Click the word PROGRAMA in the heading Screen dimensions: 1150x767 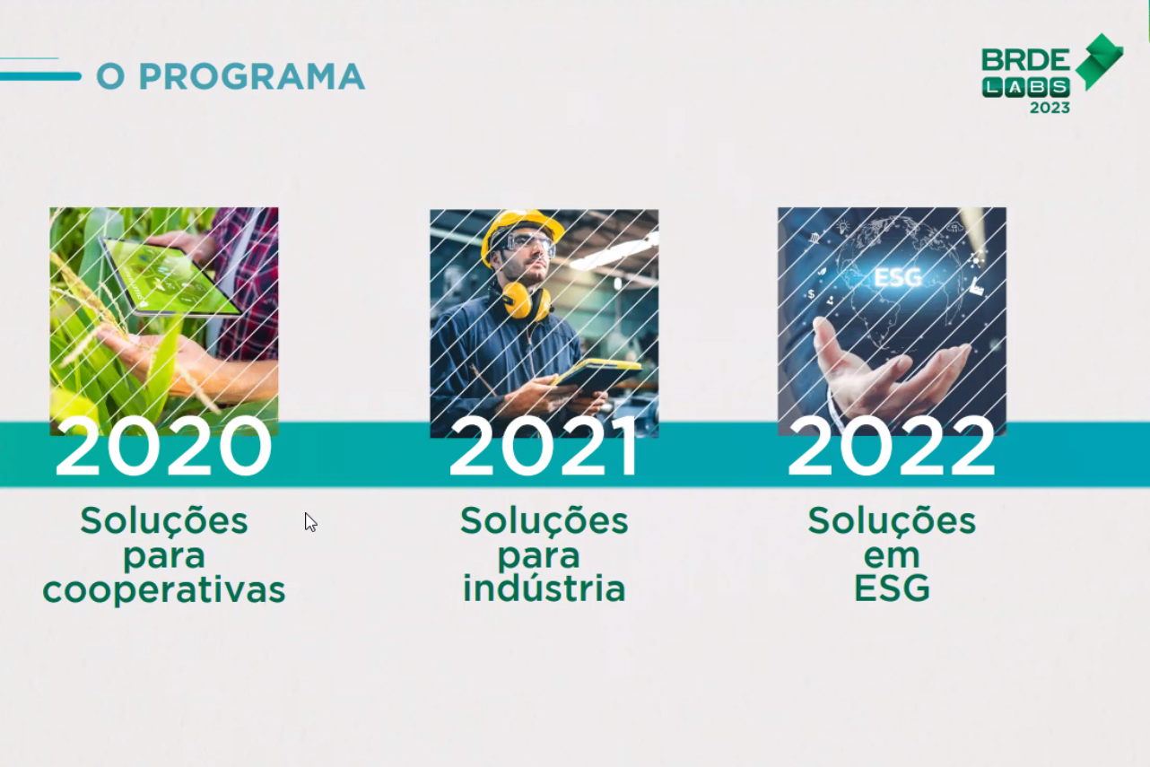251,76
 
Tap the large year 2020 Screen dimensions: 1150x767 164,447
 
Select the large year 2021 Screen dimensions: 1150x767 544,447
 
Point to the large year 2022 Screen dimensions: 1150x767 892,447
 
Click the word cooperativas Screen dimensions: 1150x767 164,591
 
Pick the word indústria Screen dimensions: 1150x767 545,588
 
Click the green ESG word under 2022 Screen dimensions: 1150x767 892,588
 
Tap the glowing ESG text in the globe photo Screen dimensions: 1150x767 897,278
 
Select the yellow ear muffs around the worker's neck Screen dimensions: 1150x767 527,301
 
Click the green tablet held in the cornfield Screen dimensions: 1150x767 170,277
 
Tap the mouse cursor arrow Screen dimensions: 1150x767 310,522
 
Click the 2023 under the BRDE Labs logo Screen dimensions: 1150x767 1050,108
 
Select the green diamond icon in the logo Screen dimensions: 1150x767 1099,62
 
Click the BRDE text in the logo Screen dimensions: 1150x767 1025,62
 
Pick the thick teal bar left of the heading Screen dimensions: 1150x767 40,76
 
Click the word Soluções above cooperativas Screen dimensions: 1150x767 164,520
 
